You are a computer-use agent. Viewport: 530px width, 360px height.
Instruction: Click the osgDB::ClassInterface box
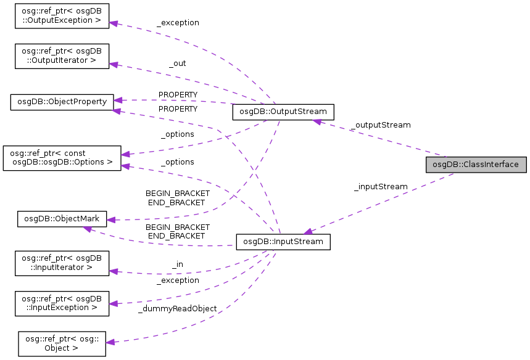[x=476, y=165]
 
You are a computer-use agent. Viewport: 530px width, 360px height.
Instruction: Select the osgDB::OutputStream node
[x=283, y=112]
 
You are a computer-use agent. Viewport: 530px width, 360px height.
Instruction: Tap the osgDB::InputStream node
[x=283, y=241]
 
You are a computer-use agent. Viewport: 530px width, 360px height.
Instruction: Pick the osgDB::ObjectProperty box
[x=62, y=101]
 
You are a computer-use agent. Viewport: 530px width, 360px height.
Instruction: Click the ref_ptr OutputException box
[x=62, y=18]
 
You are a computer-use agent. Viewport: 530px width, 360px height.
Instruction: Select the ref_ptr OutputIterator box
[x=62, y=55]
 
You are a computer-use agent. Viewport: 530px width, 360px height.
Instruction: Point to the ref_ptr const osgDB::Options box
[x=62, y=158]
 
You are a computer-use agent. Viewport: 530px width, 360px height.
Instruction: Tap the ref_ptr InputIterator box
[x=62, y=263]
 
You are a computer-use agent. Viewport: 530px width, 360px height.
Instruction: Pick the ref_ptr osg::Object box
[x=62, y=343]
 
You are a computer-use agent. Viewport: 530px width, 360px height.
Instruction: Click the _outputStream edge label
[x=380, y=125]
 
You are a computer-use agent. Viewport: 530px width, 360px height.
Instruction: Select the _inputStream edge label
[x=381, y=186]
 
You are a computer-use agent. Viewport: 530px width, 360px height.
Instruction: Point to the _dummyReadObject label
[x=177, y=308]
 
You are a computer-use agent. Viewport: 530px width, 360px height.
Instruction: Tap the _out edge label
[x=177, y=63]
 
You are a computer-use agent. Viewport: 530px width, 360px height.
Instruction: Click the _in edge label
[x=177, y=264]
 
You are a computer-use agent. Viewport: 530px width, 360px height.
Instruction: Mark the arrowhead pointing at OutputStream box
[x=316, y=121]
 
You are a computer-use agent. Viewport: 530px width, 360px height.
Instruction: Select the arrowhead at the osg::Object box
[x=112, y=342]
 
